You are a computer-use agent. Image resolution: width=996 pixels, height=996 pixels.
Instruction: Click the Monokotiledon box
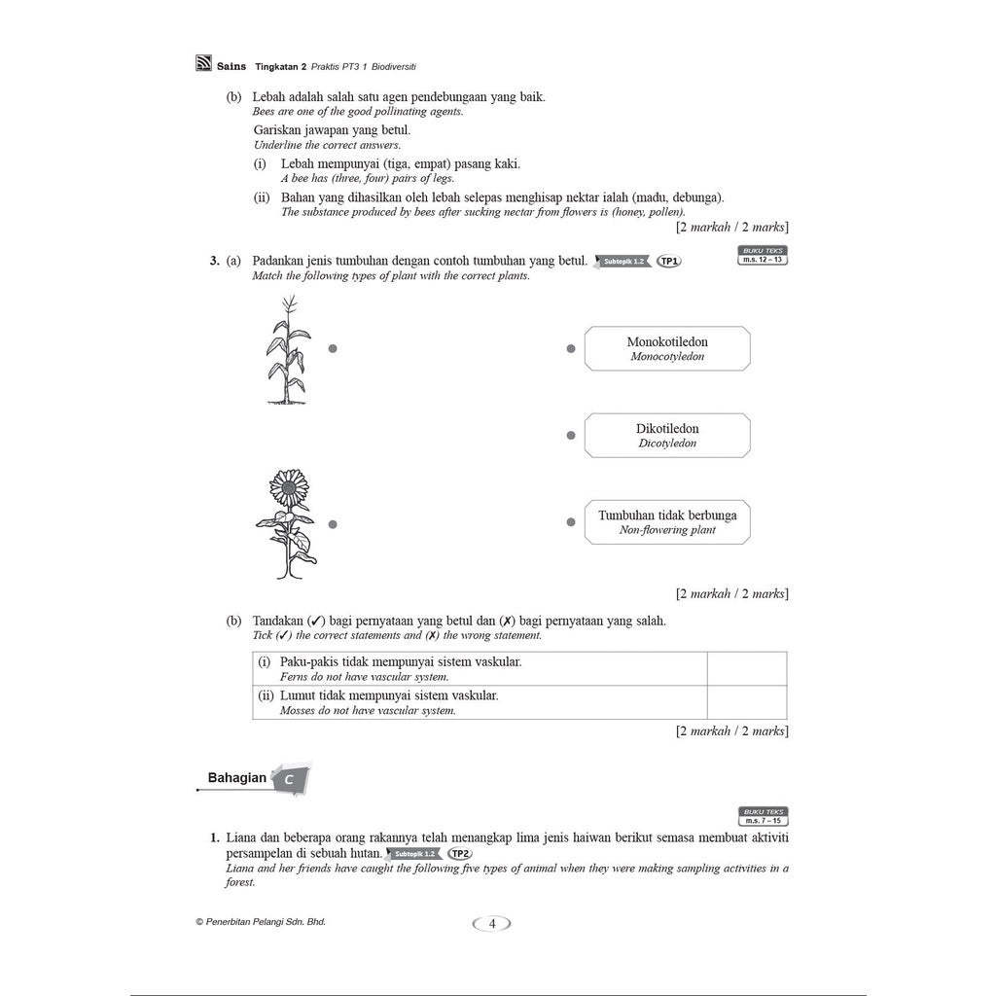click(x=667, y=349)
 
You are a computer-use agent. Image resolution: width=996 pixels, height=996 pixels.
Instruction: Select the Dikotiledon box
click(x=667, y=436)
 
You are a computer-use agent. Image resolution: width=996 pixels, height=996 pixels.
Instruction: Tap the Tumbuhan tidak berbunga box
click(x=667, y=522)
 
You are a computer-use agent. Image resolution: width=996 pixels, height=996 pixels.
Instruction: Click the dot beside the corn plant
click(x=333, y=349)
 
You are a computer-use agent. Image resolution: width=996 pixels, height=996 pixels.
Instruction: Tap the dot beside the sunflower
click(x=333, y=524)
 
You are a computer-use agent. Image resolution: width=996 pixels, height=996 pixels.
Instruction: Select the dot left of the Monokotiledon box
click(x=571, y=349)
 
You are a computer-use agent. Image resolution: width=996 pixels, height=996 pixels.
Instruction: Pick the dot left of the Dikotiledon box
click(x=571, y=436)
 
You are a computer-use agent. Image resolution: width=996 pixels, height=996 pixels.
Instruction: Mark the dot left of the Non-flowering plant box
click(x=571, y=522)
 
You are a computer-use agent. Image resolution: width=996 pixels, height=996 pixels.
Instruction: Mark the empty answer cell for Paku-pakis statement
click(x=747, y=668)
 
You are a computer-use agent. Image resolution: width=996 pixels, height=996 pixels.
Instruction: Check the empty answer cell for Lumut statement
click(x=747, y=702)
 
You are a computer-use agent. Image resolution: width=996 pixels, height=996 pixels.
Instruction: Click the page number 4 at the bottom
click(x=492, y=924)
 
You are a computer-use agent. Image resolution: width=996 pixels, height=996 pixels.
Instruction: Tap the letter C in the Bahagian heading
click(x=290, y=780)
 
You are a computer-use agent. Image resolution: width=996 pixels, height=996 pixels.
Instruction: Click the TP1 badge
click(x=669, y=262)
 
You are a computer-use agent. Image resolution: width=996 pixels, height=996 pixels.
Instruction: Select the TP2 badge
click(x=459, y=854)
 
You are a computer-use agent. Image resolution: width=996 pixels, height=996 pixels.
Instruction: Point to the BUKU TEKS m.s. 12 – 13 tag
click(x=764, y=256)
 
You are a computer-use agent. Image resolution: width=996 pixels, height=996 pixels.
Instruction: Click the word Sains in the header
click(x=232, y=66)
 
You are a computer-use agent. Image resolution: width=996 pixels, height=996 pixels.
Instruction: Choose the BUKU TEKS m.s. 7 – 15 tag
click(x=764, y=816)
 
